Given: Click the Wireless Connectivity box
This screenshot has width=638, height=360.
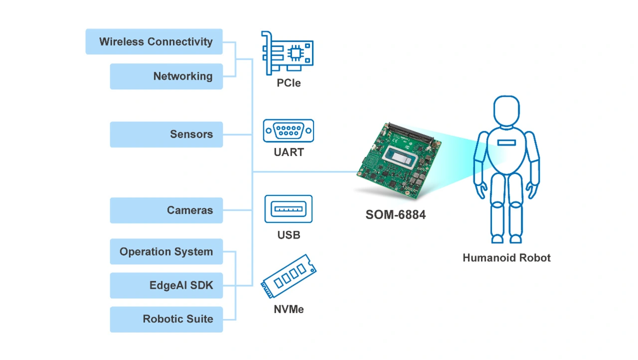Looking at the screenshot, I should point(154,42).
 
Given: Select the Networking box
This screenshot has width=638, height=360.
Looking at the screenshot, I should point(166,76).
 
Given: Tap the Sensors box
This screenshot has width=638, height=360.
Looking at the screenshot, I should point(166,134).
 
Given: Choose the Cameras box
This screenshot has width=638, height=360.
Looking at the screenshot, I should point(166,210).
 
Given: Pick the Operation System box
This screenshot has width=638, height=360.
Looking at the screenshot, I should point(166,252).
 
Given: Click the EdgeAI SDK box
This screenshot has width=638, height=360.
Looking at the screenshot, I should point(166,285).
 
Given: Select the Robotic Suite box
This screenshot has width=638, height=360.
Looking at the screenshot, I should point(166,319).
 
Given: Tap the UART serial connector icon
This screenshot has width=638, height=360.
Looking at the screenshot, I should point(289,131).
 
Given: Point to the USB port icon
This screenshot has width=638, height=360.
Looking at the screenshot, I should point(289,209).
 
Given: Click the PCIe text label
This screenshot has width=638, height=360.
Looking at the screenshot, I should point(289,83).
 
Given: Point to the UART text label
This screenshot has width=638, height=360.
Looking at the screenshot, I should point(289,153).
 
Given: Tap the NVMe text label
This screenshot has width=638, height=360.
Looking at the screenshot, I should point(289,310).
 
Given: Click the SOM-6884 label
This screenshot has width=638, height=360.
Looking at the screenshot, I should point(396,215).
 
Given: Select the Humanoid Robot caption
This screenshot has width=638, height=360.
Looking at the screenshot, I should point(506,258).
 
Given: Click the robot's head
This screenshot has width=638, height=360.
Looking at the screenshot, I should point(506,113).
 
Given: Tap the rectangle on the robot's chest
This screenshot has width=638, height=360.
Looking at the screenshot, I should point(507,143).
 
